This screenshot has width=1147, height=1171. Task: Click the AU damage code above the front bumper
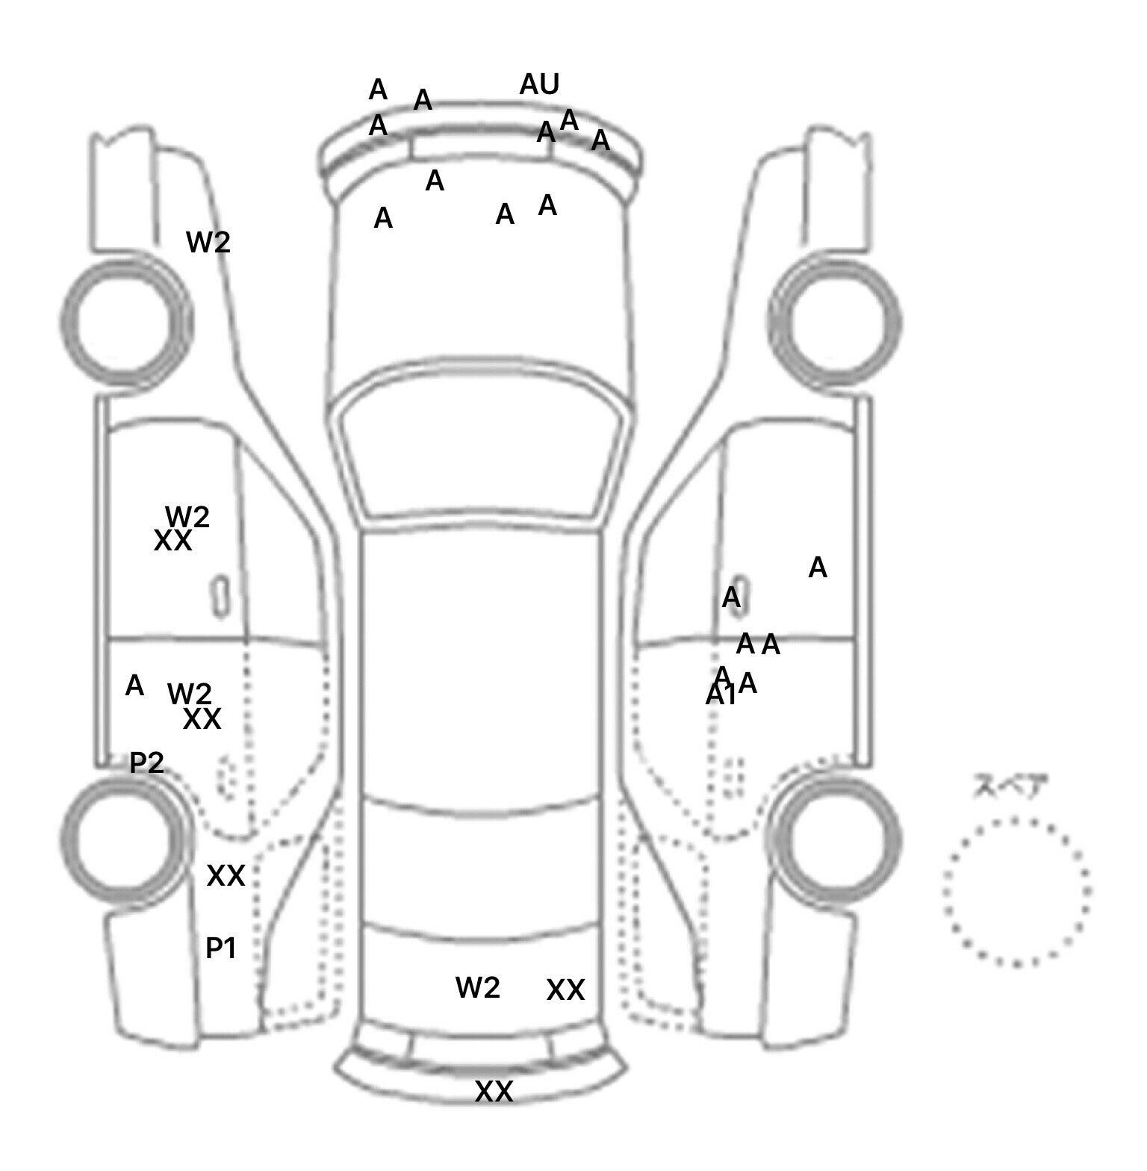pos(539,84)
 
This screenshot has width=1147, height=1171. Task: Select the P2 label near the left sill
pos(146,762)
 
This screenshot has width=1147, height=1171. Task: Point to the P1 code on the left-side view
pos(221,948)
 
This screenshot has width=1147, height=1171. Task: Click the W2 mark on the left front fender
pos(208,242)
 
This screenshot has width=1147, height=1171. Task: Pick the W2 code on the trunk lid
pos(477,988)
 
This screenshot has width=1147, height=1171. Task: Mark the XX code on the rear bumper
pos(494,1092)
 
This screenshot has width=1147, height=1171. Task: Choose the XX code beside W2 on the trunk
pos(565,990)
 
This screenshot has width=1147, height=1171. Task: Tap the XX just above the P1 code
pos(226,875)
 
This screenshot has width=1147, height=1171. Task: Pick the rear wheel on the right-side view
pos(842,838)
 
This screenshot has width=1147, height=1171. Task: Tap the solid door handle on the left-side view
pos(220,596)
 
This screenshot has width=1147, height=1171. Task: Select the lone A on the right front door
pos(818,568)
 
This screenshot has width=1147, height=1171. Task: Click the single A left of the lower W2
pos(134,686)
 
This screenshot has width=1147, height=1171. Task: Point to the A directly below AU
pos(546,133)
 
